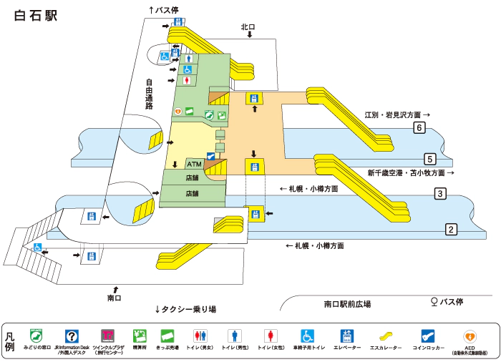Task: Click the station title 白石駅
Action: click(36, 16)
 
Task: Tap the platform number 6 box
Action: click(419, 128)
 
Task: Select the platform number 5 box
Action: click(430, 159)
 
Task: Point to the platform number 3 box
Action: click(441, 194)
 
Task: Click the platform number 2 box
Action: click(451, 230)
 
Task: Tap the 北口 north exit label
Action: click(248, 27)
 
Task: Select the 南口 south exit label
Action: click(115, 297)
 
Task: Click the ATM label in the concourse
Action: click(194, 164)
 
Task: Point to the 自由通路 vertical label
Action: click(149, 94)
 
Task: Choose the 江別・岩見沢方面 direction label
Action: click(393, 114)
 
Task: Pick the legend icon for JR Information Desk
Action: click(71, 335)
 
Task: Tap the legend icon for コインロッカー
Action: click(427, 335)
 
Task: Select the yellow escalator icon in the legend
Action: click(385, 335)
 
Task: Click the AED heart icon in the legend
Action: click(470, 335)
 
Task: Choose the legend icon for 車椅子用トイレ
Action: click(307, 335)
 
